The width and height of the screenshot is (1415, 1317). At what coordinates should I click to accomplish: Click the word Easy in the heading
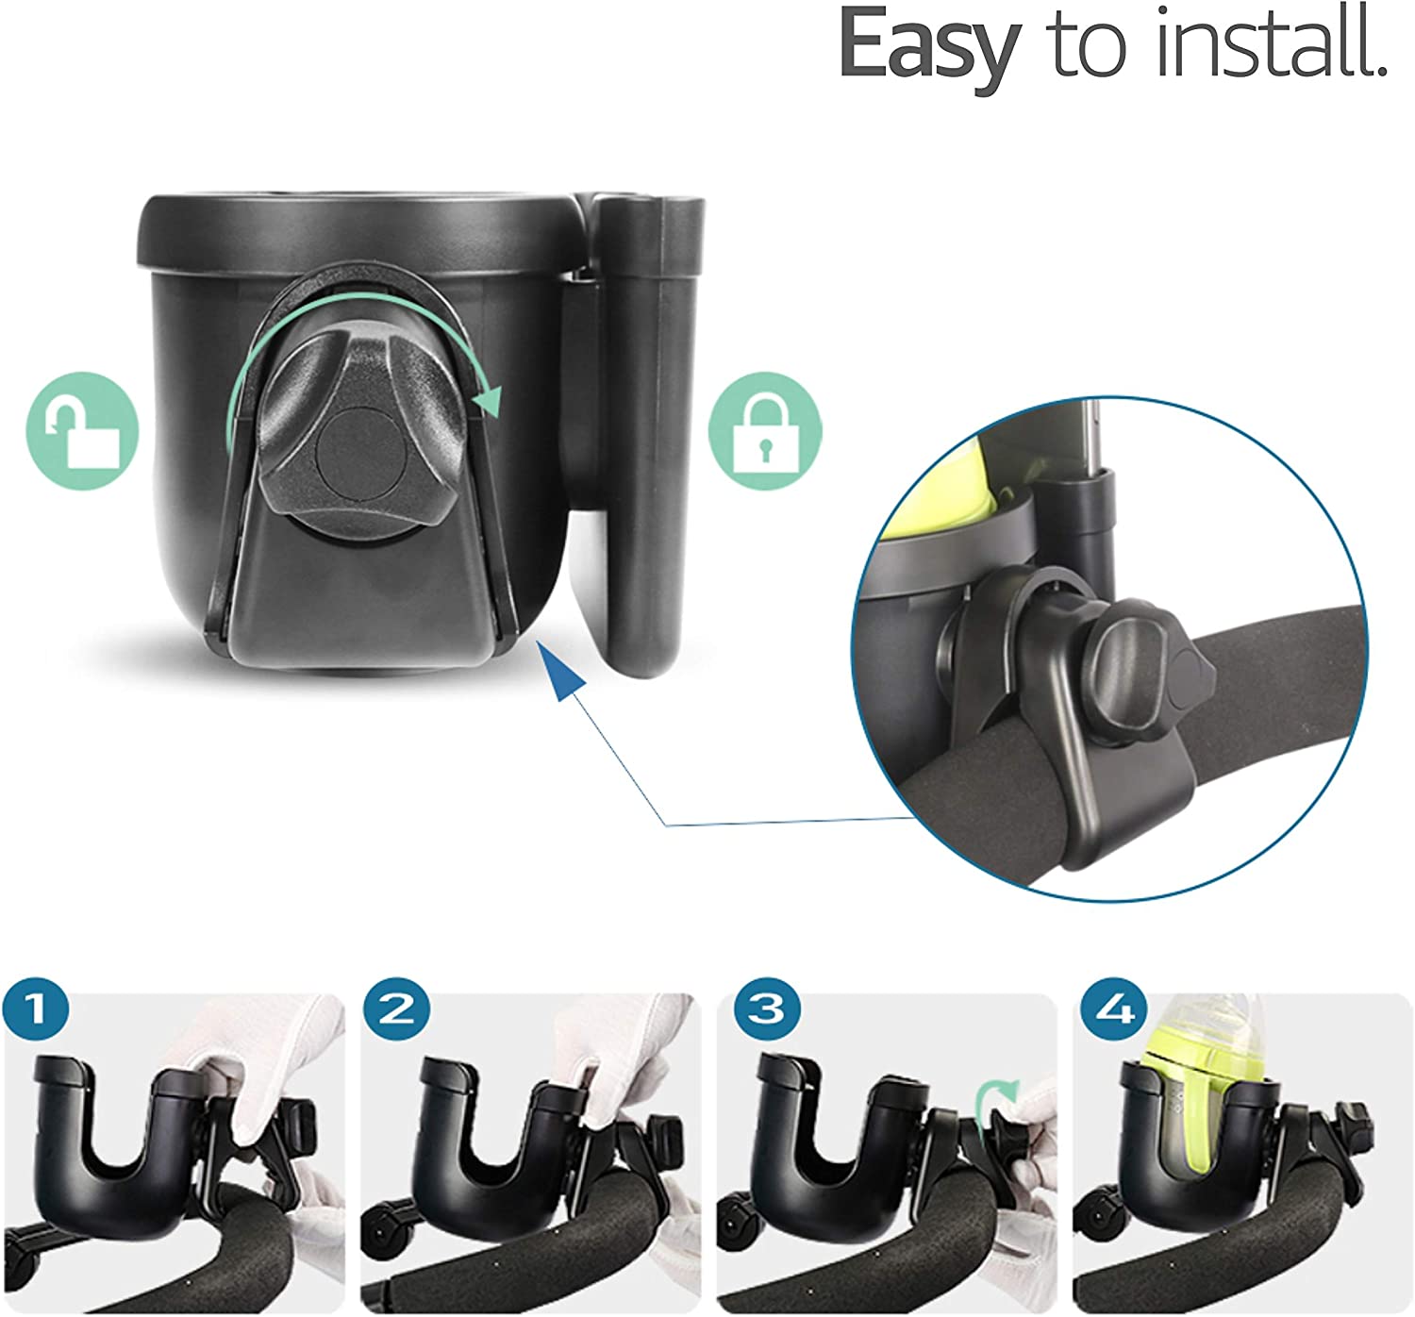pyautogui.click(x=930, y=48)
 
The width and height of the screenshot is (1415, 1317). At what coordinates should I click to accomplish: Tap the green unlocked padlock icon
pyautogui.click(x=82, y=430)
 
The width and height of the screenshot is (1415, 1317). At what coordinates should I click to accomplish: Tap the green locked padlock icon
pyautogui.click(x=764, y=430)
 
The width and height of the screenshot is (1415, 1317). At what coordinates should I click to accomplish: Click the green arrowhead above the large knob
pyautogui.click(x=488, y=399)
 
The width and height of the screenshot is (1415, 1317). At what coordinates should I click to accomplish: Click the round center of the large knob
pyautogui.click(x=362, y=453)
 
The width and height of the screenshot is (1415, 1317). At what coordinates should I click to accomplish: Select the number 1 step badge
pyautogui.click(x=36, y=1009)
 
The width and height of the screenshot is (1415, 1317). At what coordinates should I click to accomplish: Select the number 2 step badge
pyautogui.click(x=396, y=1009)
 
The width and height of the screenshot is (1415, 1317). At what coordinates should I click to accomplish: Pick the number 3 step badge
pyautogui.click(x=767, y=1009)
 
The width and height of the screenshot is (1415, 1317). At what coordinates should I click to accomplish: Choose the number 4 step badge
pyautogui.click(x=1114, y=1009)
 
